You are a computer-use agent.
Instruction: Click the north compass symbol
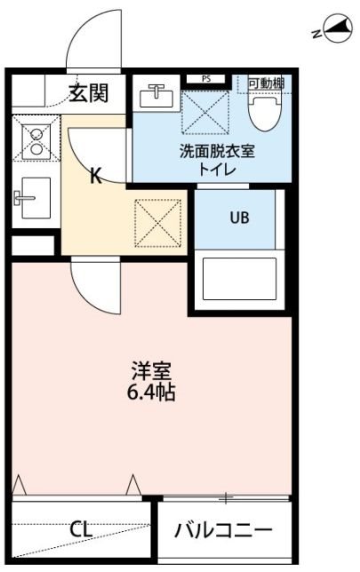[334, 32]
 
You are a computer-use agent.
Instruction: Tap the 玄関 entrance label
[91, 91]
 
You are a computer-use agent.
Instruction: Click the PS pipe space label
[206, 78]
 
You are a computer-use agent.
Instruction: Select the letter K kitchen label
[95, 175]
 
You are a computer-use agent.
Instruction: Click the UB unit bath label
[240, 216]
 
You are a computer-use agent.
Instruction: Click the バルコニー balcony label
[223, 531]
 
